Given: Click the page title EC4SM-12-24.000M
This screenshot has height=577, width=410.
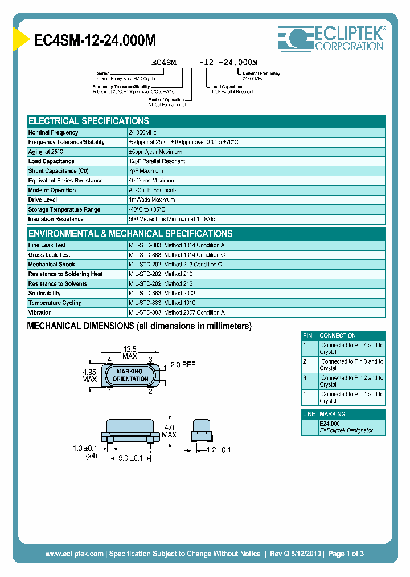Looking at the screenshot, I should coord(95,40).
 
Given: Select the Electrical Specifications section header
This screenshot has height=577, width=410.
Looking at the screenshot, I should coord(89,121).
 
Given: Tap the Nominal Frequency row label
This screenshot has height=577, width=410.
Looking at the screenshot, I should coord(54,132).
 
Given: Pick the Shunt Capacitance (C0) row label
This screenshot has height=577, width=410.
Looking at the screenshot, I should coord(58,171).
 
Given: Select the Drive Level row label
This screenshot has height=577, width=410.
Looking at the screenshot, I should coord(43,200).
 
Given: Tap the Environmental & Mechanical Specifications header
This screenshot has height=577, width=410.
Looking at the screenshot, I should coord(130,234).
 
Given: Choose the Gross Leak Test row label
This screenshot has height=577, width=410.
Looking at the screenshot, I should coord(50,255).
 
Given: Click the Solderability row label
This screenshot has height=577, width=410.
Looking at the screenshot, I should coord(44,294).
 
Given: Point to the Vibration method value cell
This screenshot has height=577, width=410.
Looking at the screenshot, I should coord(177,313).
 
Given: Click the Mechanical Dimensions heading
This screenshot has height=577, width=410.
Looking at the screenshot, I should coord(140,326).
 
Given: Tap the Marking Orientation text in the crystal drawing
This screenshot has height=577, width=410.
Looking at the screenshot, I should coord(130,375).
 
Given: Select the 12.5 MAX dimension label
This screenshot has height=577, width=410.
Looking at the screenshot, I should coord(130,353).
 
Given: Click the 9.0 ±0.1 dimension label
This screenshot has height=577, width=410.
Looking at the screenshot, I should coord(130,457).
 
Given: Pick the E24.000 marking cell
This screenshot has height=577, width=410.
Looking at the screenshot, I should coord(330,424).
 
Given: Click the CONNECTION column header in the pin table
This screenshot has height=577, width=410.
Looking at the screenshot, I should coord(338,336).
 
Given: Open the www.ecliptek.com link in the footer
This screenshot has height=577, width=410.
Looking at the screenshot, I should coord(75,554).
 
